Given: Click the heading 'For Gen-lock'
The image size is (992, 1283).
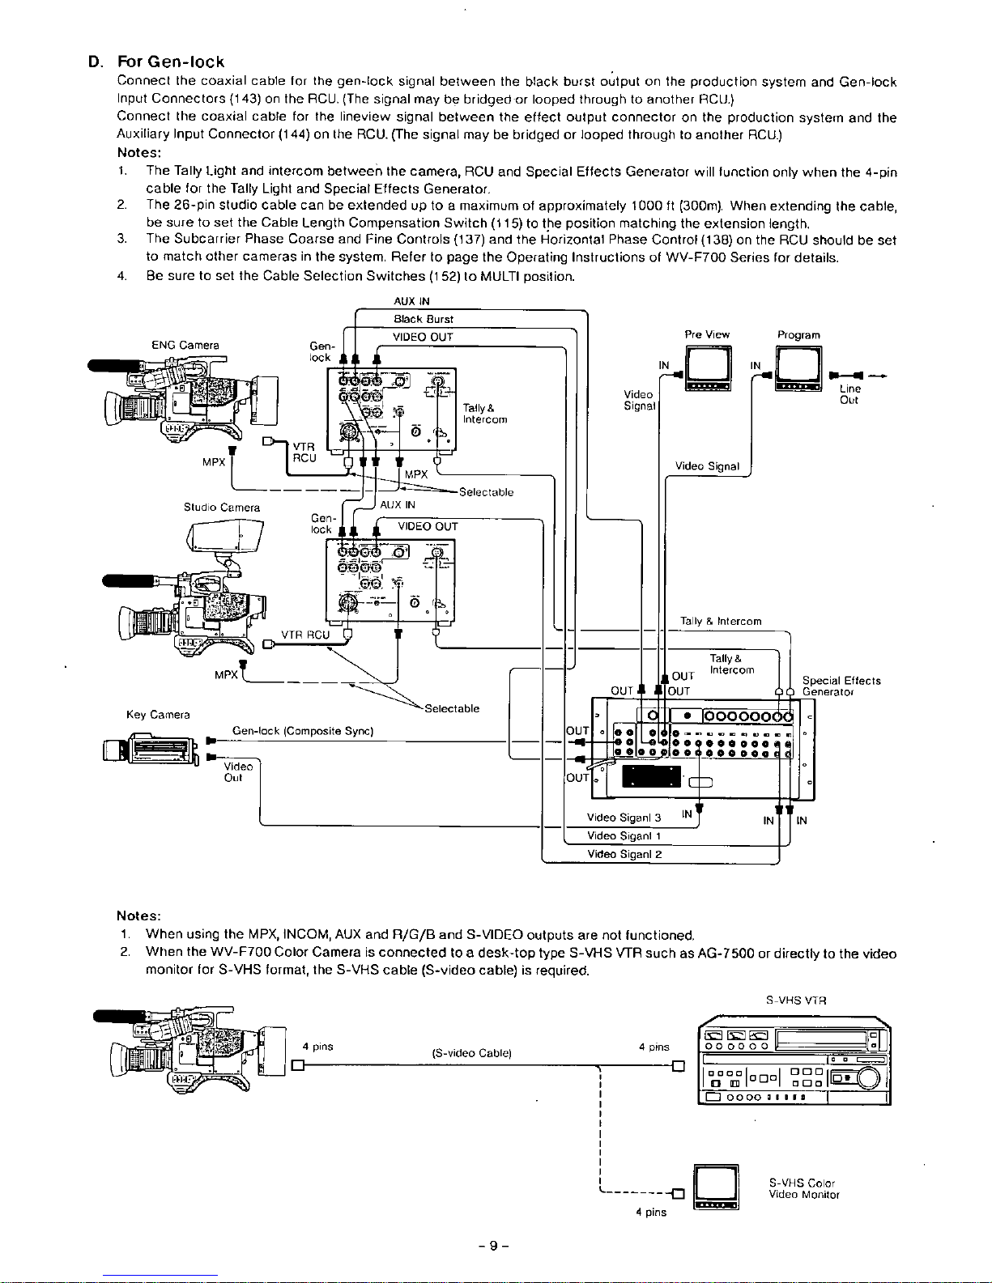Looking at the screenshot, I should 171,62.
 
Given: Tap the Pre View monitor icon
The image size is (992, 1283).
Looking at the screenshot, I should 708,368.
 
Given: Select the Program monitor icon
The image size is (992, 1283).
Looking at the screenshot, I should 798,368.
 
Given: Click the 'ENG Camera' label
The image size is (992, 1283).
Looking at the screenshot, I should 185,345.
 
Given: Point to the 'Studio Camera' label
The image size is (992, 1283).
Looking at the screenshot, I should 222,508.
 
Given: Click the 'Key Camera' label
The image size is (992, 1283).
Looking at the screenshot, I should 158,715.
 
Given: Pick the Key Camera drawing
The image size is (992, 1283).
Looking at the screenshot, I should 151,750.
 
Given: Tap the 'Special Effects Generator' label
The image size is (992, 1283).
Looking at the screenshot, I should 841,686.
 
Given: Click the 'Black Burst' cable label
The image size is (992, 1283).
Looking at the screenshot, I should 424,319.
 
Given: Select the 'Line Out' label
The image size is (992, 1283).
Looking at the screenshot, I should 849,394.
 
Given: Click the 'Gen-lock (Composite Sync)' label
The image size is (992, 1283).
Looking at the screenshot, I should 302,731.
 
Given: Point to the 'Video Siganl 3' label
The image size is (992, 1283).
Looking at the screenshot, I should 624,818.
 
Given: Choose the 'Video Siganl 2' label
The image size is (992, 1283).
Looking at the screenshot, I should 624,854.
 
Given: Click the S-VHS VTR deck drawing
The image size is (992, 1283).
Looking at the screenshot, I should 793,1060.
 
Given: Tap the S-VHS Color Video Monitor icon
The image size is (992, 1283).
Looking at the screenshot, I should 716,1187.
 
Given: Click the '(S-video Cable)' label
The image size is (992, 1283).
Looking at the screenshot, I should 471,1053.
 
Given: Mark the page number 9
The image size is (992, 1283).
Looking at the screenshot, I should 492,1247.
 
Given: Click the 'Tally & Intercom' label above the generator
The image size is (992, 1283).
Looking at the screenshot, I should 721,621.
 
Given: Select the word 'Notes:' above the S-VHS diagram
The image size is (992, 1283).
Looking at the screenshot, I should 138,916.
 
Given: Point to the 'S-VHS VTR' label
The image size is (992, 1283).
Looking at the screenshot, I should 796,1000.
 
